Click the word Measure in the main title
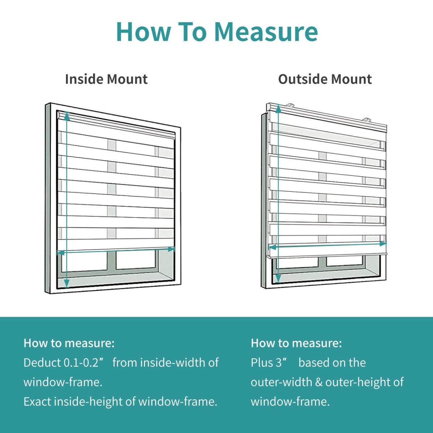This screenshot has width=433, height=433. (x=266, y=32)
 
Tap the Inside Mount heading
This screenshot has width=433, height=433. (x=106, y=79)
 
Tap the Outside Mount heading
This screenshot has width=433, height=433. (x=325, y=79)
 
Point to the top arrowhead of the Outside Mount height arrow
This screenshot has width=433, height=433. (x=278, y=107)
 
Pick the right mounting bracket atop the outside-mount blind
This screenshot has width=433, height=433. (x=367, y=119)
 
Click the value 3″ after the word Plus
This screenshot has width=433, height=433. (x=279, y=362)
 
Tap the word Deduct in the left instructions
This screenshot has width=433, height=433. (x=42, y=362)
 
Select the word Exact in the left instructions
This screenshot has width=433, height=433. (x=37, y=401)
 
